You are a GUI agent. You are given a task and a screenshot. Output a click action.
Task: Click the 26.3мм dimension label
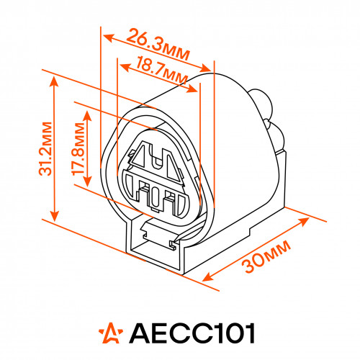[158, 45]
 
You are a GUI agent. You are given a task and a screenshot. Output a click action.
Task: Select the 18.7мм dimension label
[161, 70]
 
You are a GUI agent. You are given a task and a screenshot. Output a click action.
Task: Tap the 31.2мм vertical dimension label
[45, 149]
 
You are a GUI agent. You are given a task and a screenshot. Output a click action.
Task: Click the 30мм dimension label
[266, 257]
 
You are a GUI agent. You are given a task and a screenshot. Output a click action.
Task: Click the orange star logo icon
[111, 333]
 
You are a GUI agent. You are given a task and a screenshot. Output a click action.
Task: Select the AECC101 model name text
[192, 333]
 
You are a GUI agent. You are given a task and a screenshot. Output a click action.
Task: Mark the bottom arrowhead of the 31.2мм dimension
[55, 215]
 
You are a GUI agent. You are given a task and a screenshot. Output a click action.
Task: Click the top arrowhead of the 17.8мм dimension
[87, 117]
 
